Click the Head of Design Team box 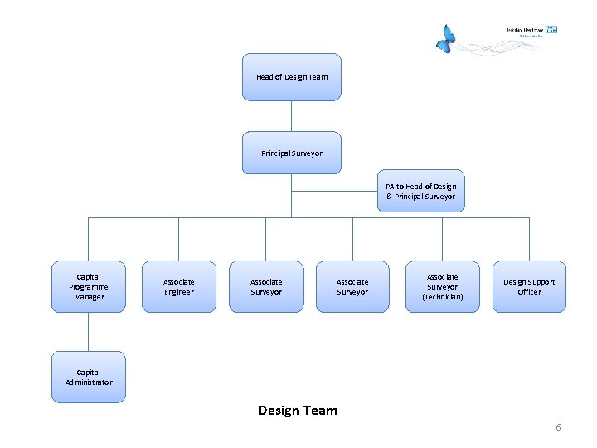[x=291, y=77]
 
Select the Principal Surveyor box [x=291, y=153]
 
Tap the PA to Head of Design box [x=420, y=192]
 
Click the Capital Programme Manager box [x=89, y=287]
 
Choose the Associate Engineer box [x=178, y=287]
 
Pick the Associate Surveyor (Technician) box [x=442, y=287]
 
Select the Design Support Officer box [x=529, y=287]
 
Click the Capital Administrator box [x=89, y=377]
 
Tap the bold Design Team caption [x=298, y=411]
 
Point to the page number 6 [x=558, y=427]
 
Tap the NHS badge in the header [x=551, y=29]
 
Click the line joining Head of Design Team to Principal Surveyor [x=291, y=116]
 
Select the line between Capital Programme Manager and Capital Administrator [x=89, y=332]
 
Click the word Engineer [x=178, y=292]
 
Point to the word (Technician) [x=442, y=297]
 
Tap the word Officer [x=529, y=292]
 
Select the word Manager [x=89, y=297]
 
